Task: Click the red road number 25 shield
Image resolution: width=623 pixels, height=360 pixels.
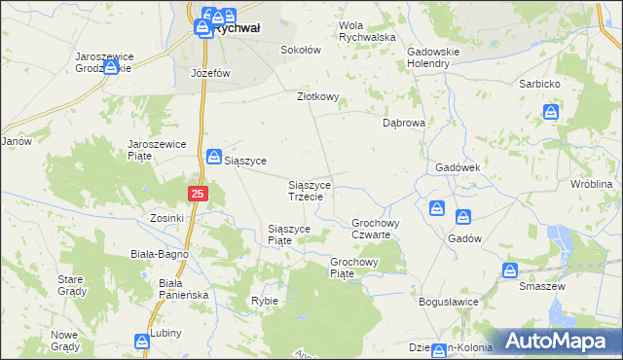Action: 198,195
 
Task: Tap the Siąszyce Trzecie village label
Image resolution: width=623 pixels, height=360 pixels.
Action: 311,190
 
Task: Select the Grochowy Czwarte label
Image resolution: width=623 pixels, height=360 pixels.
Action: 371,229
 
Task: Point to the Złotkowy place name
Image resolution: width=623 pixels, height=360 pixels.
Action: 317,96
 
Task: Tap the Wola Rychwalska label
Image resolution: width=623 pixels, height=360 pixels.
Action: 366,31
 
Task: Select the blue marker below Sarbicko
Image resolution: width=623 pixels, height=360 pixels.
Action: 551,112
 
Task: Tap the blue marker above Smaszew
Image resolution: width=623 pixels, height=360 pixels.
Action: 510,270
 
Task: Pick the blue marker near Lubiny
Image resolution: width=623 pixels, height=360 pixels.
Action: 143,342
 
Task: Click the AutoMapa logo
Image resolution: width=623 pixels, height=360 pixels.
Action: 555,341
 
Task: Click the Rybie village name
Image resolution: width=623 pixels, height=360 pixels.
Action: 265,301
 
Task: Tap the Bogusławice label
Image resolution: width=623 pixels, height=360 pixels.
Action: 449,302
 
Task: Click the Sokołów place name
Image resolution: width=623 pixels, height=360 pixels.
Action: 300,50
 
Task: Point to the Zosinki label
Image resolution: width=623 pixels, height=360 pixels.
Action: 166,218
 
